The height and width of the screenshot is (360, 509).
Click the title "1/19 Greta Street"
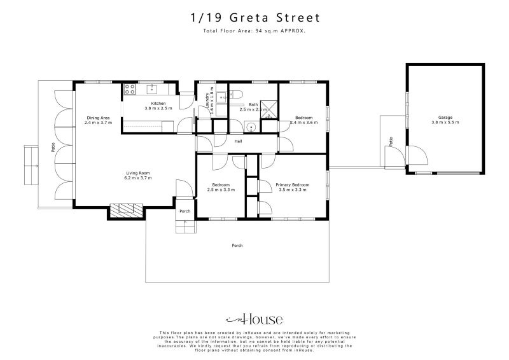254,18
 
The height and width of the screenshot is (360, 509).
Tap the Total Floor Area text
254,31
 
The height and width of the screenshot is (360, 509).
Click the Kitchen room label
158,103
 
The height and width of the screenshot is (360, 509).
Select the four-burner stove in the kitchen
129,88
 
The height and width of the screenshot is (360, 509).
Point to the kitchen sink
153,88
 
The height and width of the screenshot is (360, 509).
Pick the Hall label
238,141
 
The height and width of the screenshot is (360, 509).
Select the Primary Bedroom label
291,184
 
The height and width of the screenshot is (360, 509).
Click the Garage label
443,117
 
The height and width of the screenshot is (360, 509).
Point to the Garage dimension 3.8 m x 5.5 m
443,122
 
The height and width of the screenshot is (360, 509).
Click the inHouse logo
254,319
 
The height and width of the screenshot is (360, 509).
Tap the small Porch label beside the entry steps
185,211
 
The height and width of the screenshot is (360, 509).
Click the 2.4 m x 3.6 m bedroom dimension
303,122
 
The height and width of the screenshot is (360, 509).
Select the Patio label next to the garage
391,141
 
